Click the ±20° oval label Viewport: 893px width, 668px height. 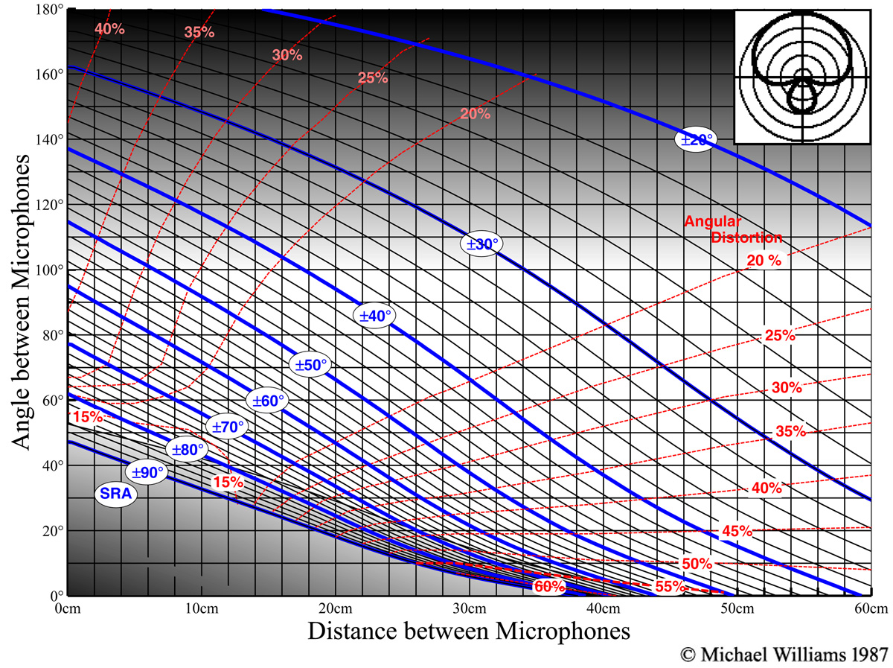[x=694, y=140]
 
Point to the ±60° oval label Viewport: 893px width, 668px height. [x=269, y=401]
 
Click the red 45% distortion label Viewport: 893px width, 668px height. [x=737, y=531]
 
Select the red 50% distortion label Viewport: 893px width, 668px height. [x=697, y=563]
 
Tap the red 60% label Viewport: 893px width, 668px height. [x=549, y=587]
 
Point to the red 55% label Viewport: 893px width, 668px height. [x=670, y=587]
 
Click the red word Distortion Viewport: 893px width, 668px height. [x=746, y=238]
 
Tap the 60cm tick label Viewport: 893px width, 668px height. [x=869, y=608]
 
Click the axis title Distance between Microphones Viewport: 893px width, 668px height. [x=469, y=632]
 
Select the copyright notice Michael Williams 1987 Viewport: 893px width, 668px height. [x=784, y=655]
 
